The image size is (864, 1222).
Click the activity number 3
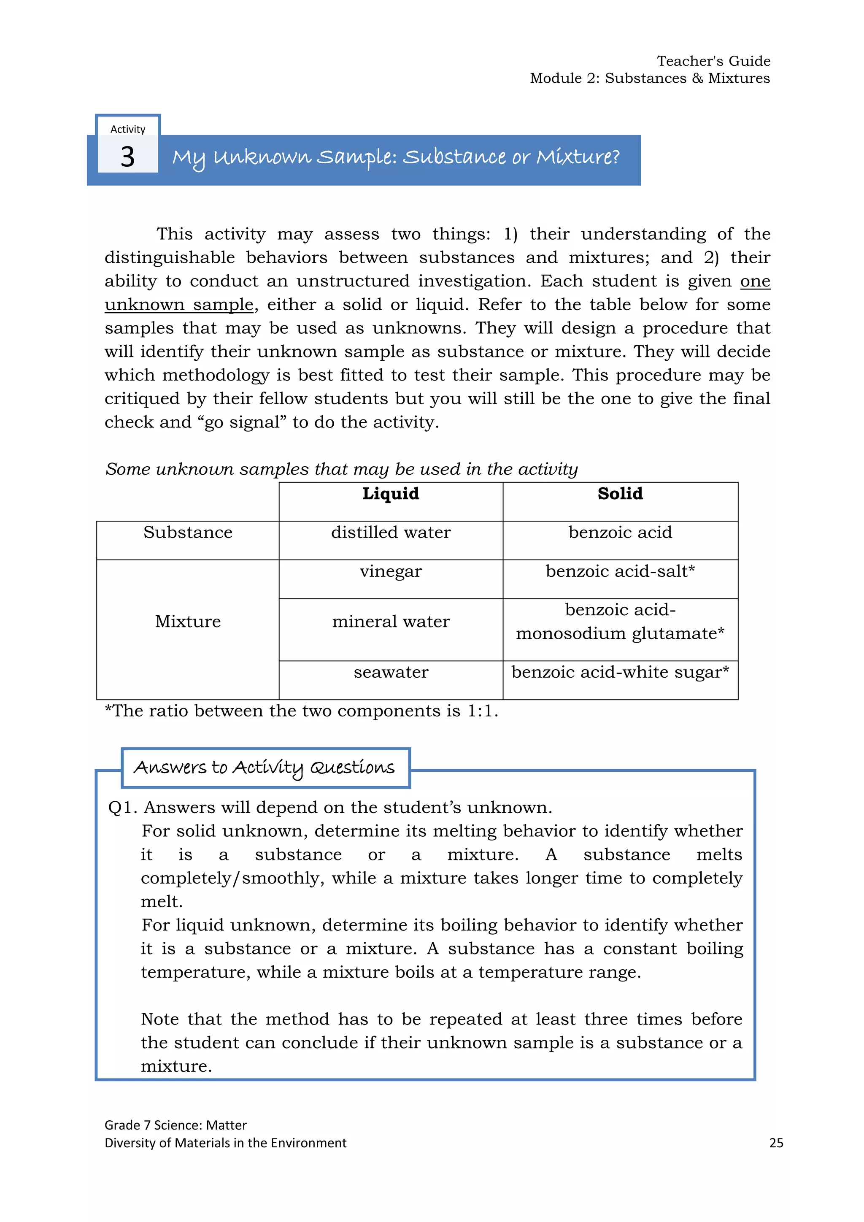tap(128, 157)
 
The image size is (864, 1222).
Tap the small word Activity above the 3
tap(128, 130)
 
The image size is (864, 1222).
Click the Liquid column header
tap(391, 494)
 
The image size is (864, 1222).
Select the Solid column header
tap(620, 494)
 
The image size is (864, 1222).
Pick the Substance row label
tap(188, 533)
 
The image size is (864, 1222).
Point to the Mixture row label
tap(188, 622)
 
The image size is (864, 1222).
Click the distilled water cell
tap(391, 533)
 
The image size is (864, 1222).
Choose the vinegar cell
tap(391, 572)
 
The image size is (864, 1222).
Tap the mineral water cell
tap(391, 622)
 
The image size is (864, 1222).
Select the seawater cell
tap(391, 672)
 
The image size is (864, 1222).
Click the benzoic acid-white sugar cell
tap(620, 672)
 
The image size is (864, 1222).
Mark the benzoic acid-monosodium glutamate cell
tap(620, 622)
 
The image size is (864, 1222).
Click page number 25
tap(776, 1143)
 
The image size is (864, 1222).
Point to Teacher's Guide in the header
tap(713, 61)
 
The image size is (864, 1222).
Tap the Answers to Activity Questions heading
tap(265, 768)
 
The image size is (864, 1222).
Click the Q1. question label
tap(122, 808)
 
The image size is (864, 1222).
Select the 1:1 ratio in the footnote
tap(481, 711)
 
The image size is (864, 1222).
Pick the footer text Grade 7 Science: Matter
tap(175, 1125)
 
